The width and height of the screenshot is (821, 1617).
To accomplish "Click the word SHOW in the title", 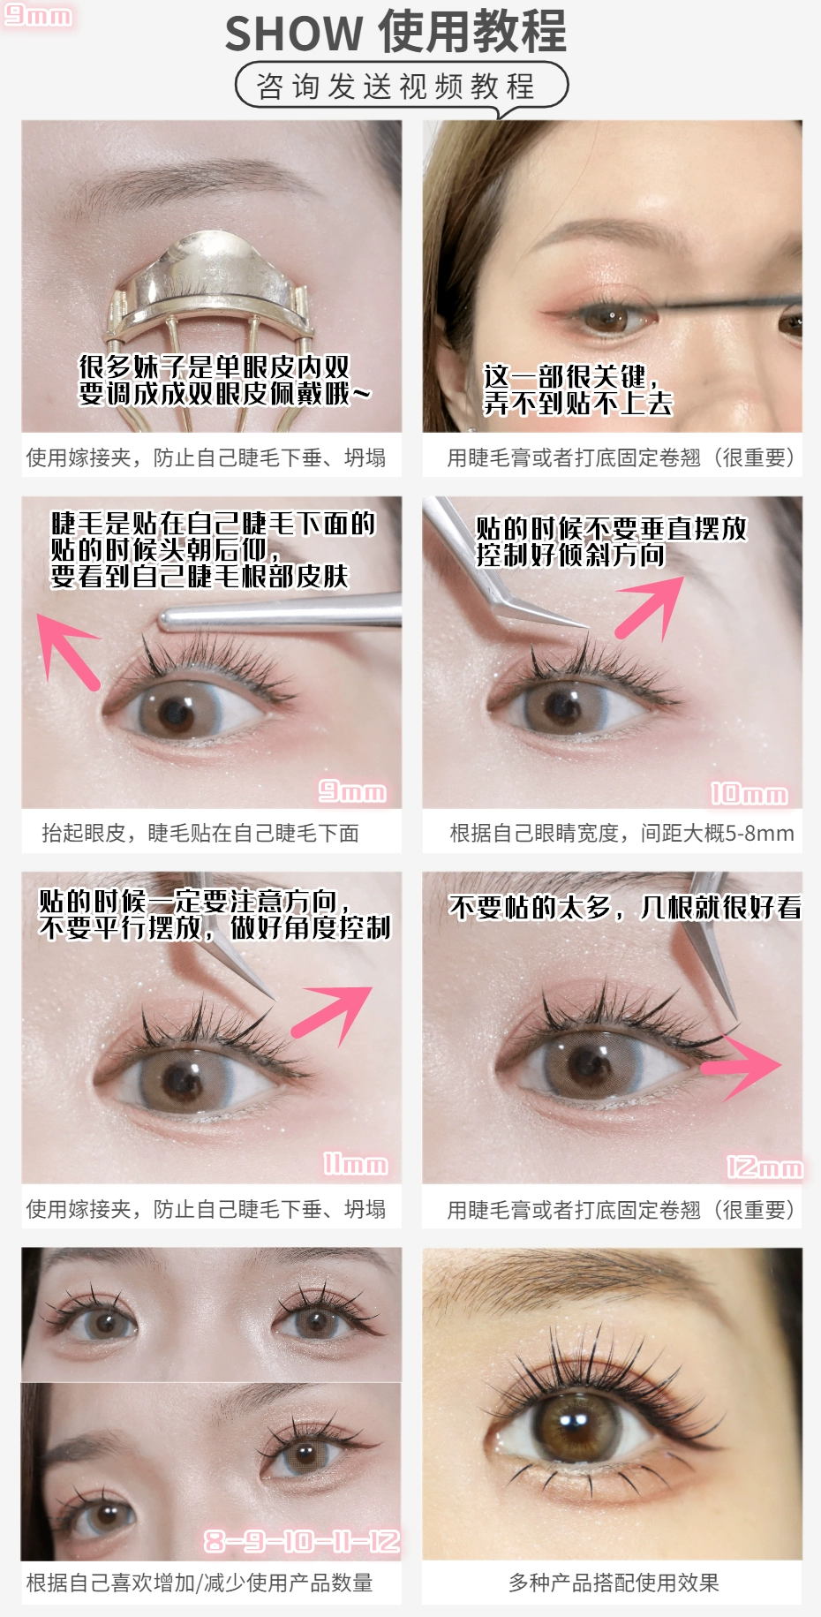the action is [x=294, y=34].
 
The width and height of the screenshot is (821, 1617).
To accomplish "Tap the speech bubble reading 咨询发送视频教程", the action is [x=402, y=87].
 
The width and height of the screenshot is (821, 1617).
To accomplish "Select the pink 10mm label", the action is [x=749, y=794].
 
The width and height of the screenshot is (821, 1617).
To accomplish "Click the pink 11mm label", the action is [x=355, y=1164].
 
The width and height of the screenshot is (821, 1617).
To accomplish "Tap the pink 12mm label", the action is [x=765, y=1167].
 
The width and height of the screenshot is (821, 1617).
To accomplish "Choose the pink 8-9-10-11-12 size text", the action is [x=302, y=1541].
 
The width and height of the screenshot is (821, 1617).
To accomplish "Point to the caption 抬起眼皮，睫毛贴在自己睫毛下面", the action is [x=200, y=833].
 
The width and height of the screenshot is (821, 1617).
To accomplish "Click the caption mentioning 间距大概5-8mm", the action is [x=622, y=833].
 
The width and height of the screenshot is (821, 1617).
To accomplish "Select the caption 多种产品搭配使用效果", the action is [x=614, y=1583].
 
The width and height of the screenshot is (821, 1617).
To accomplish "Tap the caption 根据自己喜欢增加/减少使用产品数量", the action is [x=200, y=1583].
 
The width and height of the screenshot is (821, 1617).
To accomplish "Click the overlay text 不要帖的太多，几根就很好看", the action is [x=625, y=907].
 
